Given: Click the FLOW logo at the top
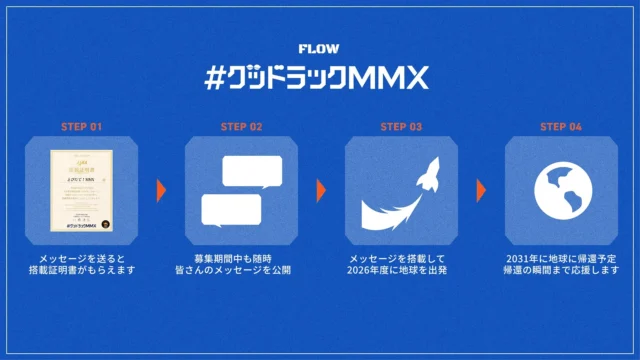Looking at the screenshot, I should point(320,48).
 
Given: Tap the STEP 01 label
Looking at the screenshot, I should point(80,127).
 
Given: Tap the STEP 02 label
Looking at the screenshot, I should point(240,127).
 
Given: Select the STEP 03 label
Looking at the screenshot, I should point(400,127).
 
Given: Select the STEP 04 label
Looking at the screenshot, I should point(560,127).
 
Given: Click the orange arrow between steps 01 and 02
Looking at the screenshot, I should point(160,190).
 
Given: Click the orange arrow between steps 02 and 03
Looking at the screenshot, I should point(321,190).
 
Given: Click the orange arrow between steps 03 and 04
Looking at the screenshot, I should point(480,190).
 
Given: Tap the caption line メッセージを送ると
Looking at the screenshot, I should point(80,258).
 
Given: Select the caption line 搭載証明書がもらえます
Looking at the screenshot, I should point(80,271).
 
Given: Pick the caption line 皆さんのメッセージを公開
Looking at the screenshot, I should point(240,271).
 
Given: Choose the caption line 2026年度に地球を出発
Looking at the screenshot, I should point(400,271).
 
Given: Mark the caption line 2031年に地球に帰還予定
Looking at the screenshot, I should point(560,258).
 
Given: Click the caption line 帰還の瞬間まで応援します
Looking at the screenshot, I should point(560,271).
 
